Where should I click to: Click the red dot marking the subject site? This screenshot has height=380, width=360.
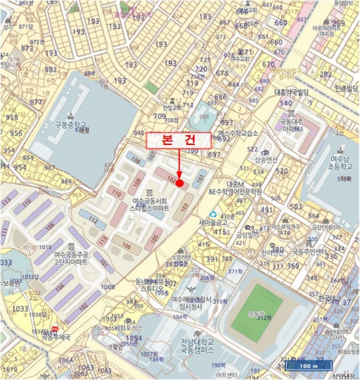pyautogui.click(x=179, y=183)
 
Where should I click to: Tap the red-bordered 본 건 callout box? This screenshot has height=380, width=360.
pyautogui.click(x=178, y=140)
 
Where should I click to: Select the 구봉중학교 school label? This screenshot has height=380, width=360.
pyautogui.click(x=71, y=124)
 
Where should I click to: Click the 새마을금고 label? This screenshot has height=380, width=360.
pyautogui.click(x=212, y=222)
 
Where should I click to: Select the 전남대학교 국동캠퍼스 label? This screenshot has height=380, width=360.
pyautogui.click(x=202, y=345)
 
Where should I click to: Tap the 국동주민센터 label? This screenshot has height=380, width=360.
pyautogui.click(x=310, y=252)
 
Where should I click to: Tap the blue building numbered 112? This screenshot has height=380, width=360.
pyautogui.click(x=93, y=220)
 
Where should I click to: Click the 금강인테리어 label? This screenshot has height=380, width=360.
pyautogui.click(x=326, y=228)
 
